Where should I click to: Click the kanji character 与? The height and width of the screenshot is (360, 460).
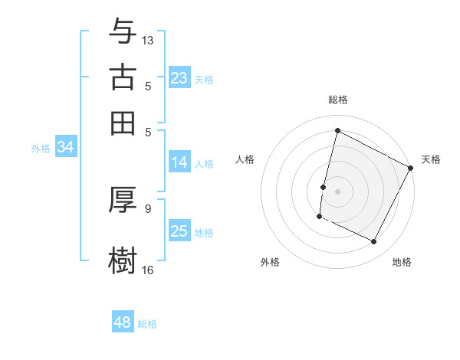[123, 31]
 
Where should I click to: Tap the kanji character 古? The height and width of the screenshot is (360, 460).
[123, 77]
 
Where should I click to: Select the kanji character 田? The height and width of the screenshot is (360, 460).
[123, 123]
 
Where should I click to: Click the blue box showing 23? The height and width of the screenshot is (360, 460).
[179, 78]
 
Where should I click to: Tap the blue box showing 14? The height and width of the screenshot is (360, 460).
[179, 162]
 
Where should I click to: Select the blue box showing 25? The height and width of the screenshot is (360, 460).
[179, 232]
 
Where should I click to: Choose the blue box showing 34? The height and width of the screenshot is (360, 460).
[65, 148]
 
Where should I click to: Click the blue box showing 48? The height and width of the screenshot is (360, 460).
[123, 322]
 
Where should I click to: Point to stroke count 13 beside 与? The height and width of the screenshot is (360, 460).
[148, 39]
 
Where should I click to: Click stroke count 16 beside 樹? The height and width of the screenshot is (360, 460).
[148, 269]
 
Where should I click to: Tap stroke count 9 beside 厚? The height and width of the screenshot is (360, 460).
[148, 208]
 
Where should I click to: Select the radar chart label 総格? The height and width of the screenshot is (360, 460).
[337, 100]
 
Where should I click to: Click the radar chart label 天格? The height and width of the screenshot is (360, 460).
[431, 159]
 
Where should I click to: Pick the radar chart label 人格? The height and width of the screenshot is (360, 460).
[245, 159]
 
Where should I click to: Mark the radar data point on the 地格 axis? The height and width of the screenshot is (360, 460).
[374, 242]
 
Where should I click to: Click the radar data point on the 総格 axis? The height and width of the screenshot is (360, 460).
[337, 131]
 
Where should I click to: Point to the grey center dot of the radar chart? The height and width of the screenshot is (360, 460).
[337, 191]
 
